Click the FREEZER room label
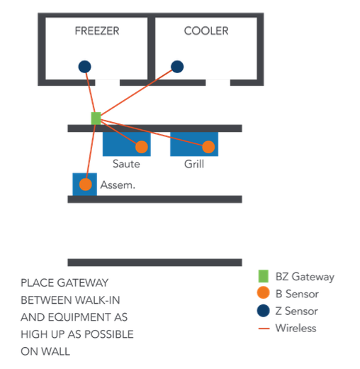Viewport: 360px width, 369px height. click(x=97, y=31)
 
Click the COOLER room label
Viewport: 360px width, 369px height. click(x=206, y=31)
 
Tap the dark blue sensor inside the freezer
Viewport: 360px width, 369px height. click(x=84, y=67)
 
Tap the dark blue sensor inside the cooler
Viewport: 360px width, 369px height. click(x=177, y=67)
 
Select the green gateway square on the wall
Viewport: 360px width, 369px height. click(x=96, y=118)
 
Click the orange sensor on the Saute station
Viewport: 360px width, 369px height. click(x=141, y=147)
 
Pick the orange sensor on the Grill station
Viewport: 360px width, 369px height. click(x=208, y=147)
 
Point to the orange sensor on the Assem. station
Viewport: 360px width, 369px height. click(x=86, y=184)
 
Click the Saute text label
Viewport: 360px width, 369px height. click(x=126, y=165)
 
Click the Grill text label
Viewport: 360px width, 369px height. click(x=193, y=165)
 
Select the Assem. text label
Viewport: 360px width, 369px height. click(x=118, y=185)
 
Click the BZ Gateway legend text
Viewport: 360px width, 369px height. click(x=305, y=277)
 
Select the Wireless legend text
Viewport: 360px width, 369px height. click(x=296, y=328)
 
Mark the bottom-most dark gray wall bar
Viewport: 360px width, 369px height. click(x=154, y=262)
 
